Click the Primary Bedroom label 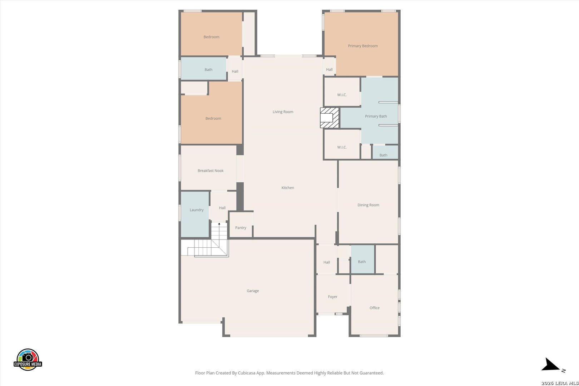pyautogui.click(x=363, y=46)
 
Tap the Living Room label pyautogui.click(x=283, y=112)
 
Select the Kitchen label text pyautogui.click(x=288, y=188)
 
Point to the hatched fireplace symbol pyautogui.click(x=329, y=118)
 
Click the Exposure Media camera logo pyautogui.click(x=28, y=359)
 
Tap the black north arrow pyautogui.click(x=550, y=365)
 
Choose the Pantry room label pyautogui.click(x=241, y=228)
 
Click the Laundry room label pyautogui.click(x=197, y=210)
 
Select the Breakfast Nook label pyautogui.click(x=211, y=170)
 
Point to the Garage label pyautogui.click(x=253, y=291)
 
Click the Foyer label pyautogui.click(x=332, y=297)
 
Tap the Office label pyautogui.click(x=374, y=308)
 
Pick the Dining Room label pyautogui.click(x=368, y=205)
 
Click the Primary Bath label pyautogui.click(x=376, y=117)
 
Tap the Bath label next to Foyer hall pyautogui.click(x=362, y=262)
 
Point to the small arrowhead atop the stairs pyautogui.click(x=219, y=224)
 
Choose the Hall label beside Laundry pyautogui.click(x=222, y=208)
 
